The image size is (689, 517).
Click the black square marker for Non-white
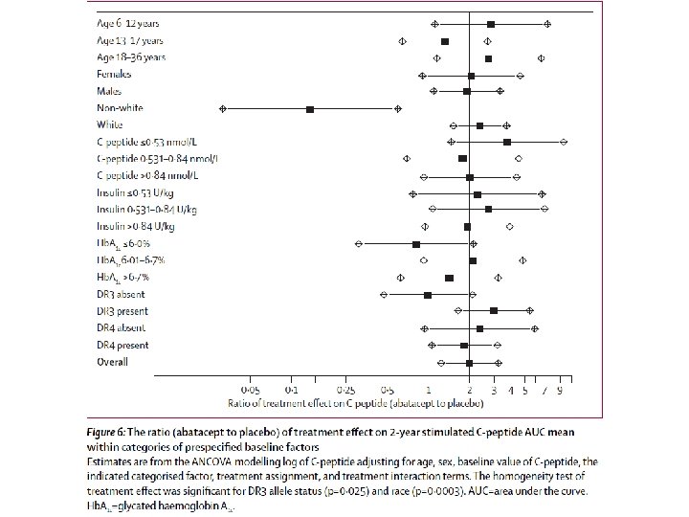[x=310, y=109]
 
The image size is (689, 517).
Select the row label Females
[x=114, y=74]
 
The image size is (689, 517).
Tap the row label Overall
[x=112, y=362]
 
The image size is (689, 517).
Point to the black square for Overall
[x=469, y=363]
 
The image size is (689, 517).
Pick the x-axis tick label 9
[x=559, y=392]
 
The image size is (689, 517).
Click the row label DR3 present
[x=122, y=311]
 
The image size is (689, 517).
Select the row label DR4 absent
[x=121, y=328]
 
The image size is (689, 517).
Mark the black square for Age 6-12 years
[x=491, y=23]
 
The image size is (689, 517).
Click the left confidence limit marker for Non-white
[x=223, y=109]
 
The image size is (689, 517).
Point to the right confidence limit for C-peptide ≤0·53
[x=564, y=142]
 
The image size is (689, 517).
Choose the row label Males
[x=108, y=91]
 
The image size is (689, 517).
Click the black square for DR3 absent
[x=427, y=295]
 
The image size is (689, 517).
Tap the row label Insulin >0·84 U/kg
[x=136, y=226]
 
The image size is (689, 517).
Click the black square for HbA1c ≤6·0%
[x=415, y=244]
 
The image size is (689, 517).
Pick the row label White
[x=109, y=124]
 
